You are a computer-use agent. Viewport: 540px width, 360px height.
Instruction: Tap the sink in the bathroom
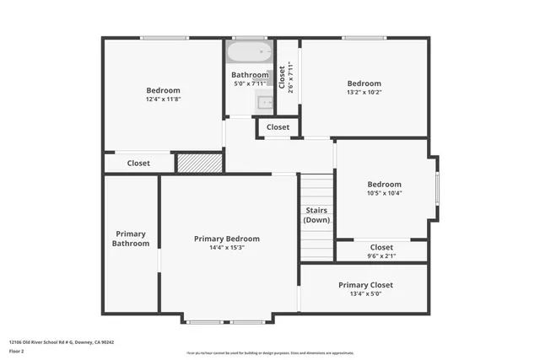click(x=266, y=103)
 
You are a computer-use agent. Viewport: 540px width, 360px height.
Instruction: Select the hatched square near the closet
click(x=199, y=162)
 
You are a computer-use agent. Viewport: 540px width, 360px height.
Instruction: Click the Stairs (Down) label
click(x=316, y=215)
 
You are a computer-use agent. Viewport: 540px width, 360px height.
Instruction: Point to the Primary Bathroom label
click(x=131, y=239)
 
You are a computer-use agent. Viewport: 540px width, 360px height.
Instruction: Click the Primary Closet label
click(x=365, y=285)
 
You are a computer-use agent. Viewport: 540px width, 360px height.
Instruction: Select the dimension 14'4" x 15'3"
click(x=227, y=248)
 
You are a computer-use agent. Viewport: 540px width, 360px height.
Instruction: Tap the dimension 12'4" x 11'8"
click(x=163, y=99)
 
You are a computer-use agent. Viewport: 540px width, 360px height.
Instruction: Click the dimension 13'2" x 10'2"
click(x=364, y=93)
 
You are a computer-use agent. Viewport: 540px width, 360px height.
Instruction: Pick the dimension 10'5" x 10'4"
click(x=384, y=193)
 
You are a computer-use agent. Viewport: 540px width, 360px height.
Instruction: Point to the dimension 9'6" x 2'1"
click(x=381, y=256)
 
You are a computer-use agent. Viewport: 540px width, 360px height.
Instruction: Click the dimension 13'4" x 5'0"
click(x=365, y=294)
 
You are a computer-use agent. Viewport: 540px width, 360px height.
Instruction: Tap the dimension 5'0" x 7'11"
click(x=250, y=83)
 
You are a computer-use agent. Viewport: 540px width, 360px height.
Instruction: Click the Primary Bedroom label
click(x=227, y=239)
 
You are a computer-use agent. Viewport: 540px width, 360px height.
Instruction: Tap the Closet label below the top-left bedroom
click(x=138, y=163)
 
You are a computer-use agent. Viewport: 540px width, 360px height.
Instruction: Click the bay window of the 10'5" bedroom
click(x=436, y=188)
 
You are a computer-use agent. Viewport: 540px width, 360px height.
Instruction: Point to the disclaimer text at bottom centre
click(x=270, y=352)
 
